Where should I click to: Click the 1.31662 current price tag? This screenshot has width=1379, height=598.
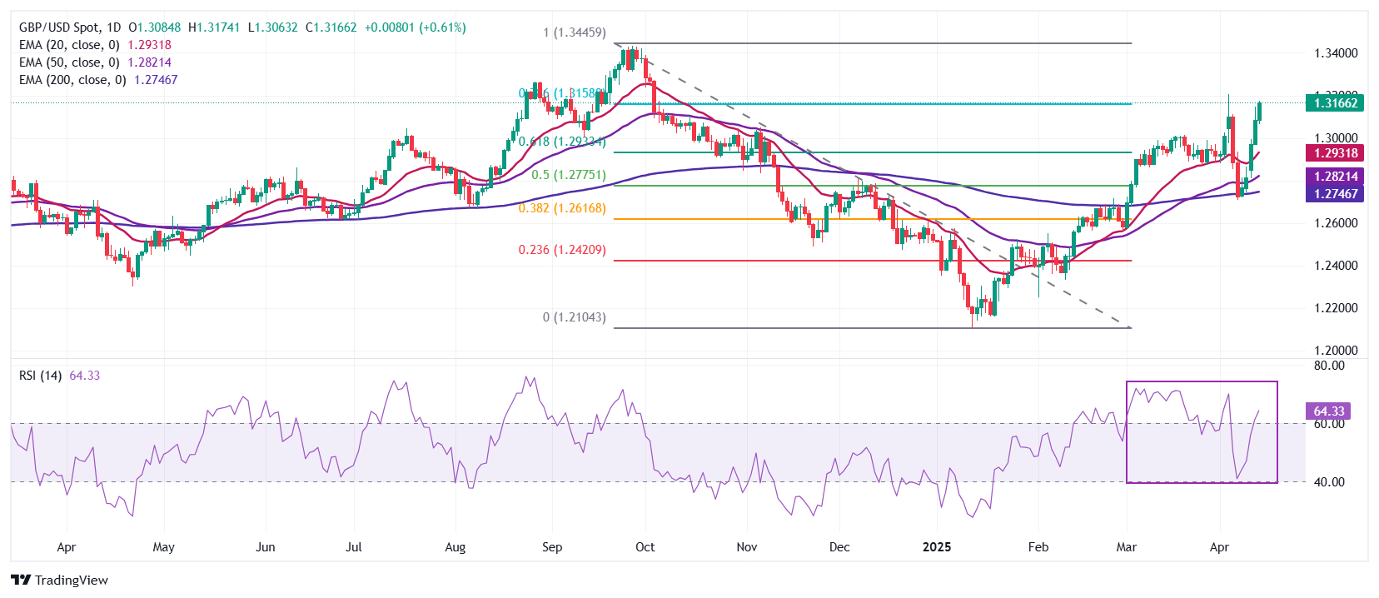tap(1335, 103)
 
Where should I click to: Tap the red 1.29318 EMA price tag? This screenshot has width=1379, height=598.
tap(1335, 153)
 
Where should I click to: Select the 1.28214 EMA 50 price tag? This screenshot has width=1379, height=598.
tap(1335, 177)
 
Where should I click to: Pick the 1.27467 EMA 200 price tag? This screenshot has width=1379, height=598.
tap(1335, 194)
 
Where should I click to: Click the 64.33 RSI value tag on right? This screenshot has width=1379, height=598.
tap(1328, 411)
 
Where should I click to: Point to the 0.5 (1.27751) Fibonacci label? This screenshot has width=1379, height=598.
tap(569, 175)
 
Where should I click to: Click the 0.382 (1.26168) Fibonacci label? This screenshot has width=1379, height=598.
tap(562, 208)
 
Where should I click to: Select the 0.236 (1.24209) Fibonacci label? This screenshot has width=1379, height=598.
tap(562, 250)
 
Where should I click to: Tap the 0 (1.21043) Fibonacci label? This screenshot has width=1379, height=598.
tap(575, 317)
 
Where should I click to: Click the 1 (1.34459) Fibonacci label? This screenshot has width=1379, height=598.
tap(575, 32)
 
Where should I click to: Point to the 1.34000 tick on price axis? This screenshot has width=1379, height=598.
tap(1336, 53)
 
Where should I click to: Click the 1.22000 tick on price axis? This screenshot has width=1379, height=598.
tap(1336, 308)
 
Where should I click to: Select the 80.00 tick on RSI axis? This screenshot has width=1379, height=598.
tap(1329, 366)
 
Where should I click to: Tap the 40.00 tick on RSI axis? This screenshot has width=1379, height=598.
tap(1329, 482)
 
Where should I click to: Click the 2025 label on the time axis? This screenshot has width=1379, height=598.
tap(937, 547)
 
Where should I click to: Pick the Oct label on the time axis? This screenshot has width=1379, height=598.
tap(645, 547)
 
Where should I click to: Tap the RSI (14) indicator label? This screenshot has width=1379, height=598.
tap(40, 376)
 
